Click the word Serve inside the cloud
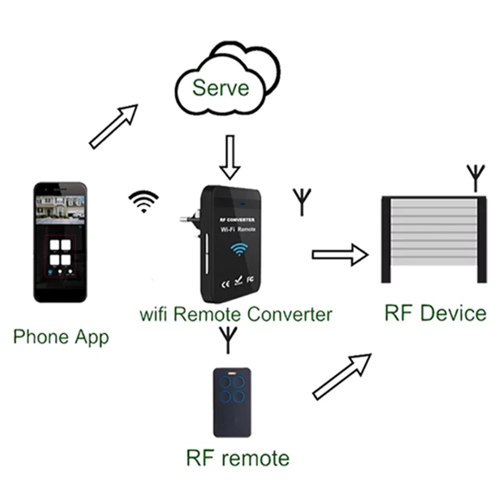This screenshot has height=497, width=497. [220, 87]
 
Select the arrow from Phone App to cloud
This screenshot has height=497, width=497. [113, 126]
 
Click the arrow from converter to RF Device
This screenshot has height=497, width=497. [340, 254]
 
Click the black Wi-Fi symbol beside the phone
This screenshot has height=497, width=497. [143, 201]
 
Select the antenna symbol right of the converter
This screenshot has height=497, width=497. [302, 201]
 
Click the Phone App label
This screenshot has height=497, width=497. [61, 337]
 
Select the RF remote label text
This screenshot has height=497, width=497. [238, 458]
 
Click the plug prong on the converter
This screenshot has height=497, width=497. [188, 217]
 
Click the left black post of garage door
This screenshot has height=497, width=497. [386, 240]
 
